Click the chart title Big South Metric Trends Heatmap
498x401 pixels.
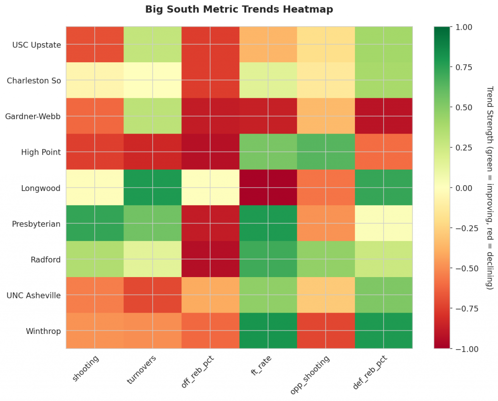pos(239,9)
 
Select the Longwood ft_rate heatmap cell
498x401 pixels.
pos(268,188)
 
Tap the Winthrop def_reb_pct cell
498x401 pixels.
pos(383,331)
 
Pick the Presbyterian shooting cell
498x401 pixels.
pos(95,223)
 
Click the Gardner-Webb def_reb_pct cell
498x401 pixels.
pos(383,116)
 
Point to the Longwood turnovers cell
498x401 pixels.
pos(152,188)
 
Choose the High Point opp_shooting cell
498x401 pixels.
pos(326,152)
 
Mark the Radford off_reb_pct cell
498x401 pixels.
pos(210,259)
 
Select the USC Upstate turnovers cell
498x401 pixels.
pos(152,45)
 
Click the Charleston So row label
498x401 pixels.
pos(34,81)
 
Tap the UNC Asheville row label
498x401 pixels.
pos(34,295)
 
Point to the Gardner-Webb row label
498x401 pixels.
pos(33,117)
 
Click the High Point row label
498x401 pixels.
pos(41,152)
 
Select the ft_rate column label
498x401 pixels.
pos(261,366)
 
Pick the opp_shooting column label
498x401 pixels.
pos(310,375)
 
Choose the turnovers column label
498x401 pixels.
pos(142,369)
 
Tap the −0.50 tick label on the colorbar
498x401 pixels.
pos(467,268)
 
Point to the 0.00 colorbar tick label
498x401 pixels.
pos(464,188)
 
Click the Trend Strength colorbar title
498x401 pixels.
pos(490,188)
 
